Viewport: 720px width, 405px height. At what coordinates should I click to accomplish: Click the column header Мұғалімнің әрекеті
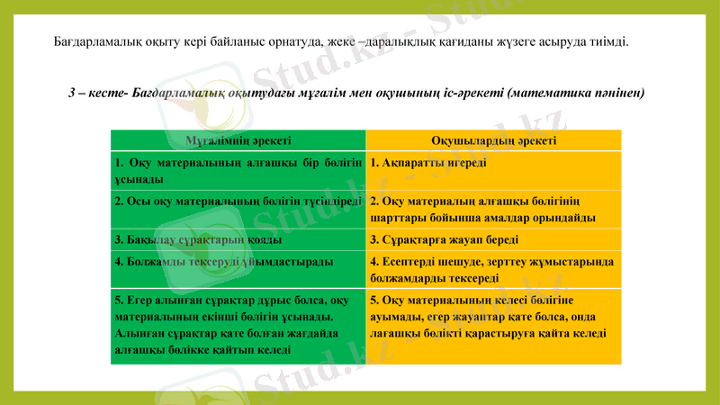pyautogui.click(x=238, y=141)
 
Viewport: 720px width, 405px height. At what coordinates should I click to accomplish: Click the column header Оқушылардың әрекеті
pyautogui.click(x=493, y=141)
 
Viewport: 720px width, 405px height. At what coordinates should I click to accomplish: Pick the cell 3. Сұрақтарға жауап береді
pyautogui.click(x=445, y=241)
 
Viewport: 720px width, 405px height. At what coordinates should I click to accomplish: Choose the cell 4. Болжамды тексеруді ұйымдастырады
pyautogui.click(x=223, y=262)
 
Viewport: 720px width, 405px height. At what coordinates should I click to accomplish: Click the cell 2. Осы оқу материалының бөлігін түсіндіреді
pyautogui.click(x=238, y=202)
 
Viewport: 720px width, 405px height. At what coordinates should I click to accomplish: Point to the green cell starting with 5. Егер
pyautogui.click(x=238, y=327)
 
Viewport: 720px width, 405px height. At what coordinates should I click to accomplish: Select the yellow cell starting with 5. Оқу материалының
pyautogui.click(x=493, y=317)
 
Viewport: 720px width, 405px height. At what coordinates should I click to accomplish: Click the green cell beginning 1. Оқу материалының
pyautogui.click(x=238, y=171)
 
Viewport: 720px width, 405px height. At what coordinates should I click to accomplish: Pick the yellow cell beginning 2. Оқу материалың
pyautogui.click(x=493, y=210)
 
